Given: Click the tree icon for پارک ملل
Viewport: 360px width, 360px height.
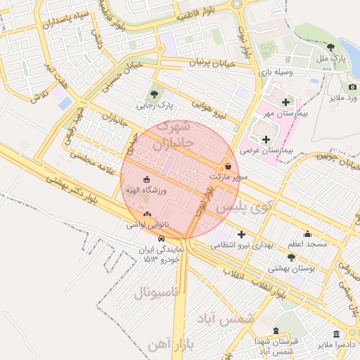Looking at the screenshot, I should [x=330, y=46].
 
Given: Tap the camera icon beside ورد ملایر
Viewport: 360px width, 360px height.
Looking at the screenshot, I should [x=352, y=86].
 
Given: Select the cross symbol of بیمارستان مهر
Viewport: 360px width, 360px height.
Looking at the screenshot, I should [x=285, y=102].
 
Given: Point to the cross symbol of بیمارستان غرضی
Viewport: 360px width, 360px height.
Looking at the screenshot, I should [x=265, y=139].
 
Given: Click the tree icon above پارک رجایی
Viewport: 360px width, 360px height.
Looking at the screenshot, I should [x=154, y=93].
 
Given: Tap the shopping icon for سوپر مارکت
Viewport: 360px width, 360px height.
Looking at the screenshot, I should [x=227, y=167].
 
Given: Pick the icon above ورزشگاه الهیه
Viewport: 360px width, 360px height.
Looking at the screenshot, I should [x=146, y=179].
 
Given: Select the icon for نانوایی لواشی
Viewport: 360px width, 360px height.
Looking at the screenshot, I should [x=146, y=214].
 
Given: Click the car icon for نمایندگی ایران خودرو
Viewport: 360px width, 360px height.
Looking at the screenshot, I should [x=162, y=238].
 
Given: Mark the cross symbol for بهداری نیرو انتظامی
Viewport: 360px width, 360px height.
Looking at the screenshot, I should [x=242, y=233].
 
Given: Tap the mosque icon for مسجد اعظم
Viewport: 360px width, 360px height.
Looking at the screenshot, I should [x=307, y=233].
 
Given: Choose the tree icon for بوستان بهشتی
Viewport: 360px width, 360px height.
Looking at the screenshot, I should [x=291, y=258].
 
